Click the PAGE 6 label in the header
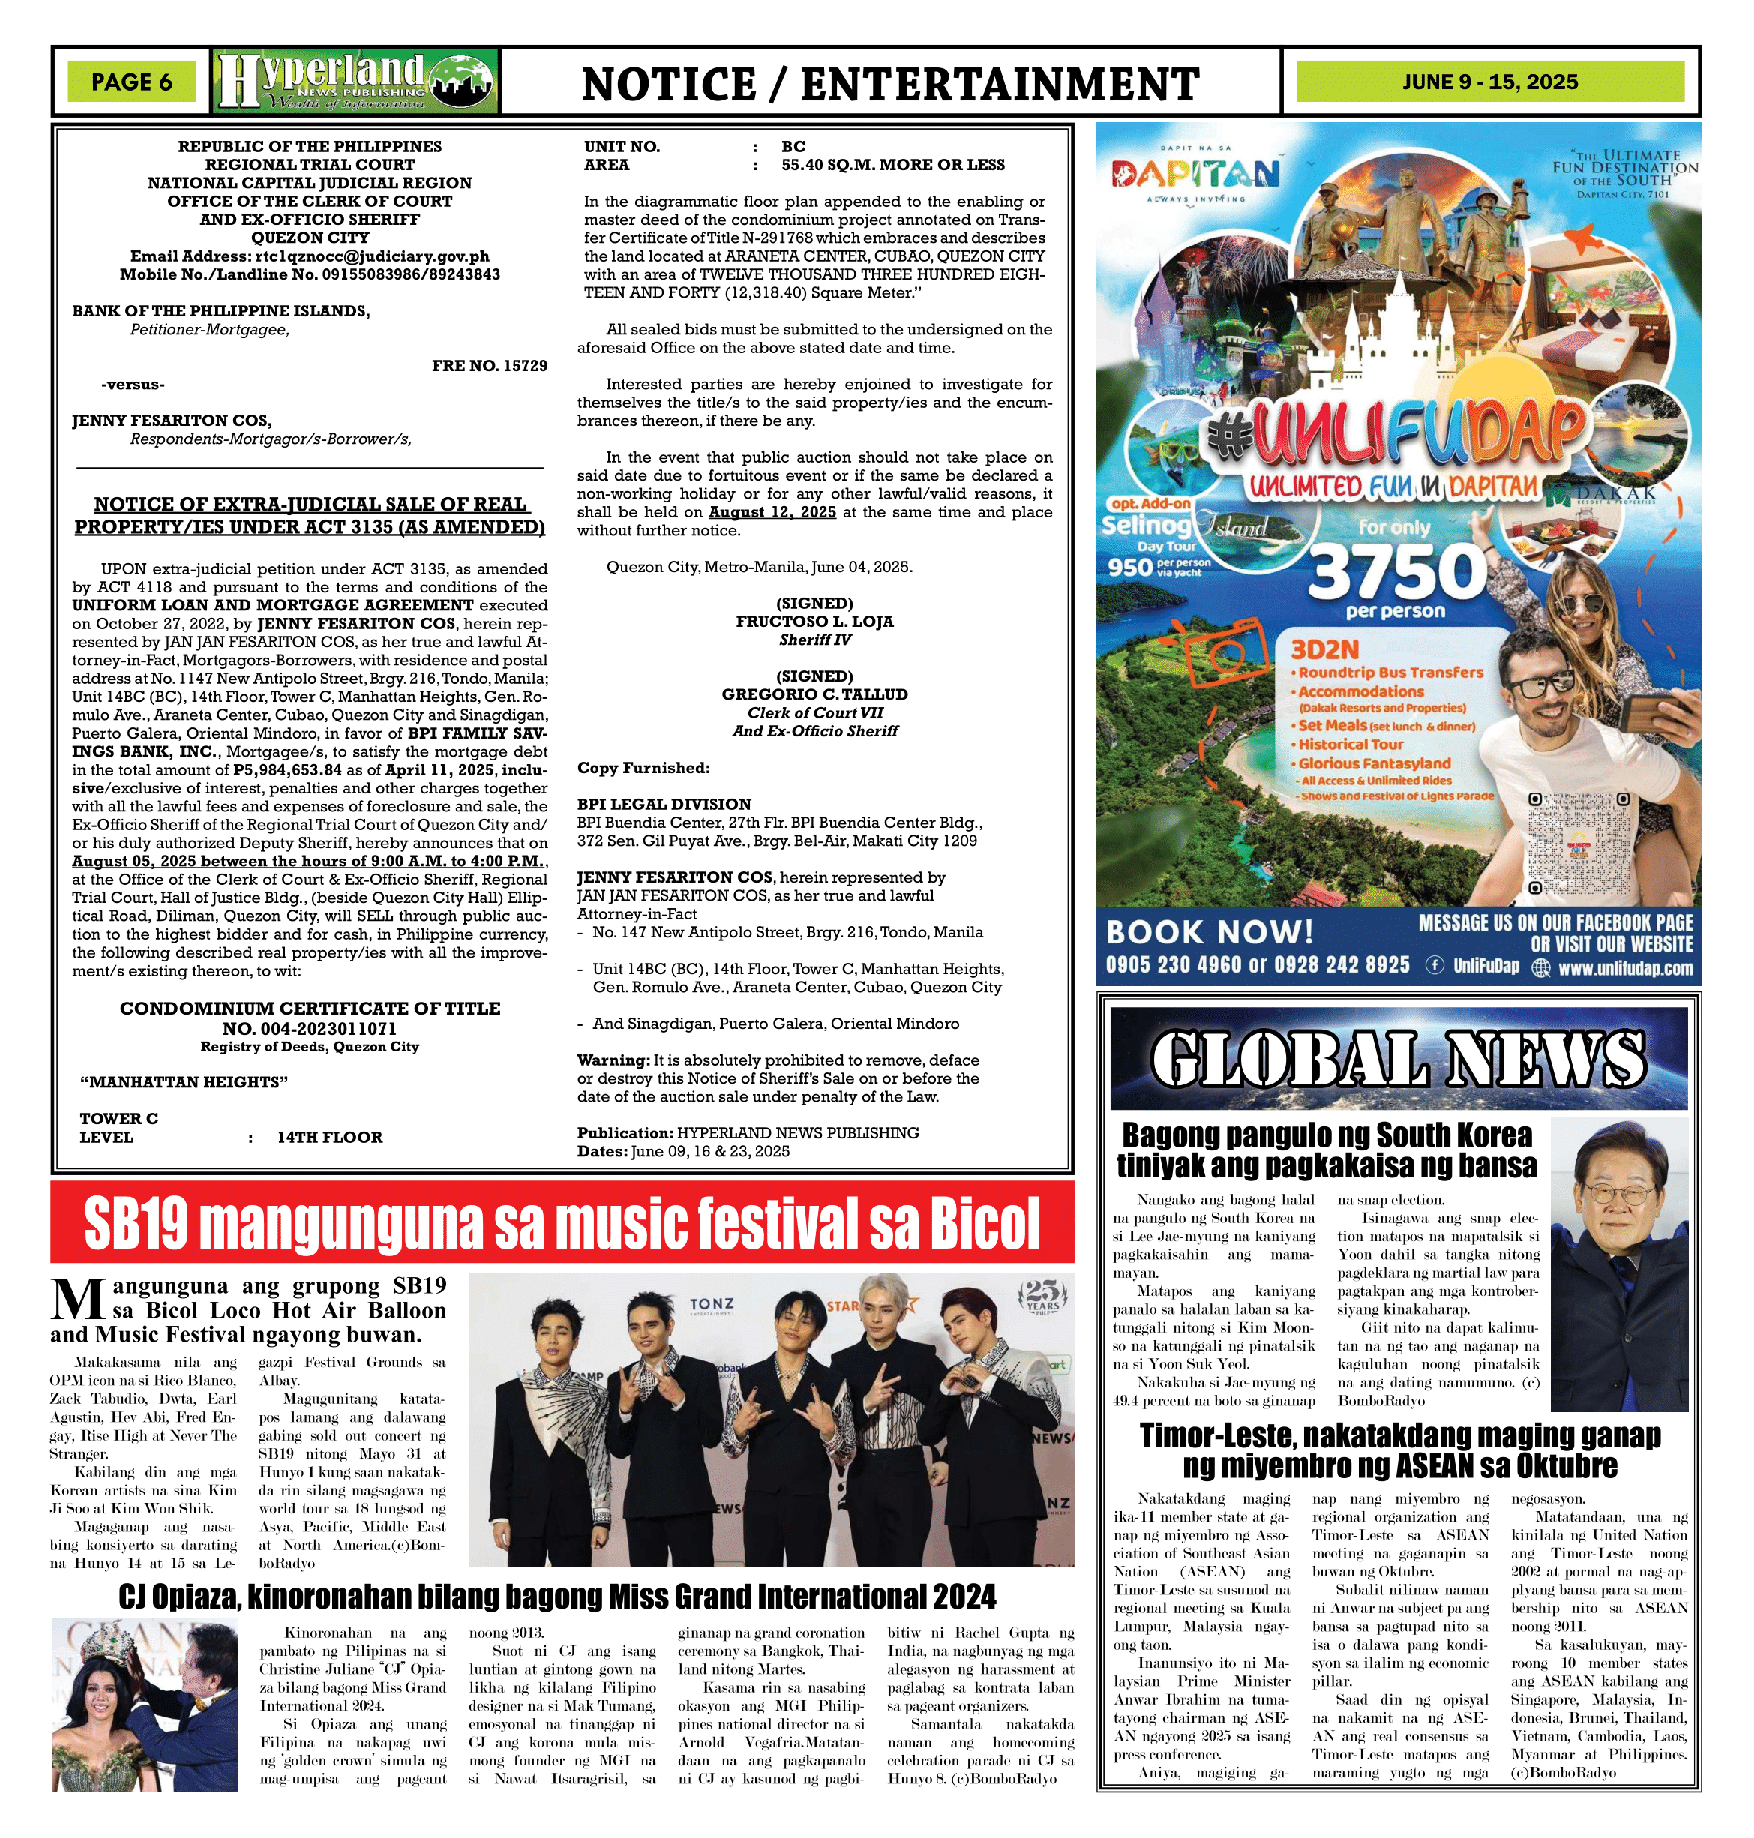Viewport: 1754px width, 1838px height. [132, 82]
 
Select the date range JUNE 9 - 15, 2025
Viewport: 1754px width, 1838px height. [1489, 82]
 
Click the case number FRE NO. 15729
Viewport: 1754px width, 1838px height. [489, 365]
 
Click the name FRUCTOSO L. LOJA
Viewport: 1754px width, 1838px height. [814, 622]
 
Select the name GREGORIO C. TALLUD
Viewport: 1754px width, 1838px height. [814, 694]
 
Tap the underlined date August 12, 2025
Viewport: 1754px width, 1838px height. [772, 512]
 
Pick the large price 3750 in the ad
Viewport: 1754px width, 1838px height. [1397, 571]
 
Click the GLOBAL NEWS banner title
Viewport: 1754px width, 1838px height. [1398, 1060]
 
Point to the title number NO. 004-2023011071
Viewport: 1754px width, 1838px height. [310, 1028]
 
